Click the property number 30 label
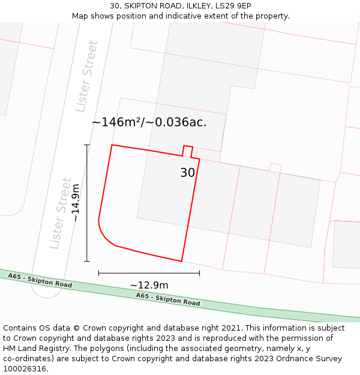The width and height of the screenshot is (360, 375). click(188, 173)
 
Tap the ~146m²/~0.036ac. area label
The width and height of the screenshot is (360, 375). click(149, 122)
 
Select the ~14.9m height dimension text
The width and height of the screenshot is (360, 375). click(76, 203)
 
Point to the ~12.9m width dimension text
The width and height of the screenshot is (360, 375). click(149, 285)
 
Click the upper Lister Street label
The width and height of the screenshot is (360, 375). click(86, 76)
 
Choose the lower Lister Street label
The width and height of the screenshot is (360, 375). click(61, 213)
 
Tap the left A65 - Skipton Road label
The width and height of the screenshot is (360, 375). click(40, 280)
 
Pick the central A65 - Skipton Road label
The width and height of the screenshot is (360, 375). click(168, 299)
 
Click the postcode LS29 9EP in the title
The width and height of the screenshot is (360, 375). click(231, 6)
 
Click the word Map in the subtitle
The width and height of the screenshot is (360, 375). click(80, 16)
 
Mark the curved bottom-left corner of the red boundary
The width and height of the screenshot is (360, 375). click(105, 236)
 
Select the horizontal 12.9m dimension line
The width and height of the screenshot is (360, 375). click(149, 273)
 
